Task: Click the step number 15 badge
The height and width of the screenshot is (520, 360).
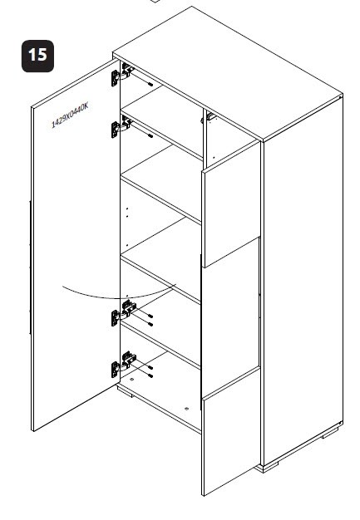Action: click(x=37, y=56)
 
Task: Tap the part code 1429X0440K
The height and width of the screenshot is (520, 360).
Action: click(x=70, y=115)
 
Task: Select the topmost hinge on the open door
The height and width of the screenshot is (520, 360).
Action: click(x=121, y=75)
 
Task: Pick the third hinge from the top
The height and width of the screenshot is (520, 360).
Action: click(x=123, y=313)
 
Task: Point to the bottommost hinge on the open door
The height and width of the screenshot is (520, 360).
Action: click(x=123, y=365)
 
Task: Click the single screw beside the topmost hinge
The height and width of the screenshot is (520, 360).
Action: click(x=150, y=84)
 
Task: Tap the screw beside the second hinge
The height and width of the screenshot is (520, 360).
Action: click(x=150, y=135)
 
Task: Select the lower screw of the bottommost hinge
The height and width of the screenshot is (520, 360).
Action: click(x=150, y=375)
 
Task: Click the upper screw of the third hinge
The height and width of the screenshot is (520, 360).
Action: click(x=150, y=316)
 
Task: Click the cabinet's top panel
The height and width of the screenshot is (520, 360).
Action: click(x=228, y=73)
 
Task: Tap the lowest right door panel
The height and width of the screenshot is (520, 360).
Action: click(x=231, y=431)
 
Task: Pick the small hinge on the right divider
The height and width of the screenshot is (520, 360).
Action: click(x=209, y=118)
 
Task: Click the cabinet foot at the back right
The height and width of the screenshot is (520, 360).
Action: click(x=330, y=433)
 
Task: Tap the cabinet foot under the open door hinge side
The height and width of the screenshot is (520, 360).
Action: click(x=126, y=393)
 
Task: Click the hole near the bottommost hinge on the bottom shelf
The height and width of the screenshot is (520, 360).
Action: click(x=131, y=379)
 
